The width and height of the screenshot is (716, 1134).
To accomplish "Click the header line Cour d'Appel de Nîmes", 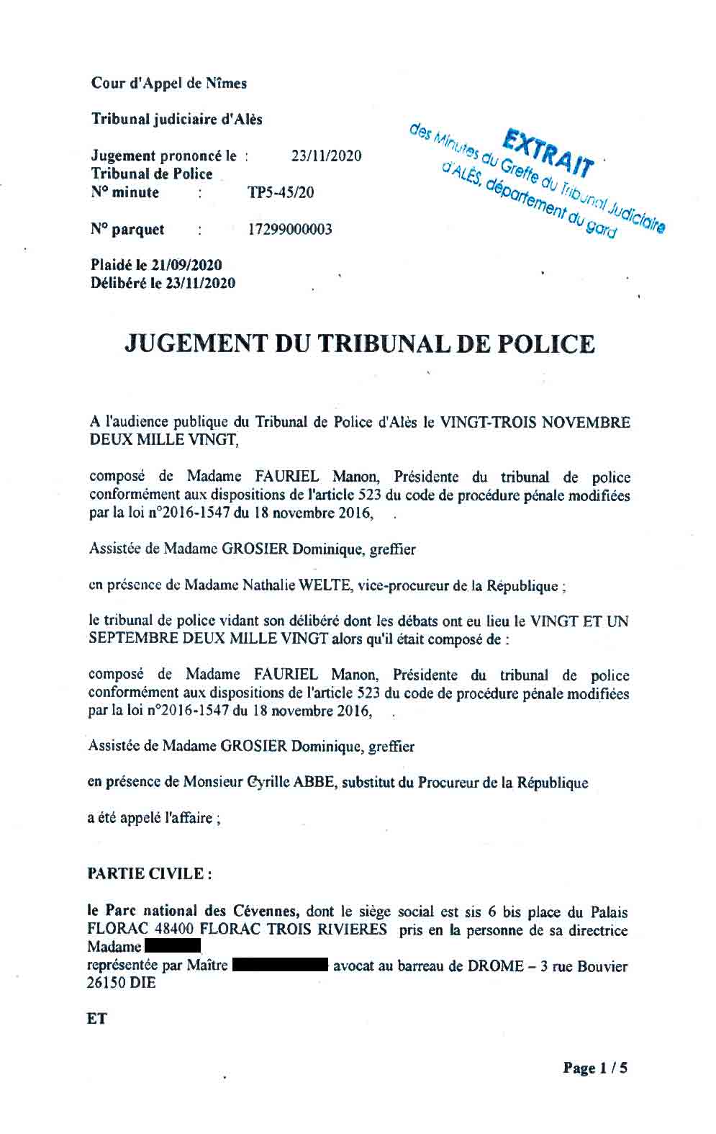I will [168, 84].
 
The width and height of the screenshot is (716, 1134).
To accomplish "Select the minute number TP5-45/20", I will [280, 193].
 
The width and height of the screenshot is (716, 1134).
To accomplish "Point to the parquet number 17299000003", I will [290, 230].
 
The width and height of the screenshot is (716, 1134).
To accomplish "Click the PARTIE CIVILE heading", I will [149, 873].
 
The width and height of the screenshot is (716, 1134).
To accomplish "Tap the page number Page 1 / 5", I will [594, 1068].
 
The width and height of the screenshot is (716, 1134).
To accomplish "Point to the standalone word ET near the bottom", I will [97, 1020].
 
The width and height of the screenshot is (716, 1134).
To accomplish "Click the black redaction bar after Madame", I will [172, 946].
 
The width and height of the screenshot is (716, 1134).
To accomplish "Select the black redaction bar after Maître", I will [281, 966].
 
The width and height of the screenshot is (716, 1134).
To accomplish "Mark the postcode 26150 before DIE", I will [107, 983].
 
